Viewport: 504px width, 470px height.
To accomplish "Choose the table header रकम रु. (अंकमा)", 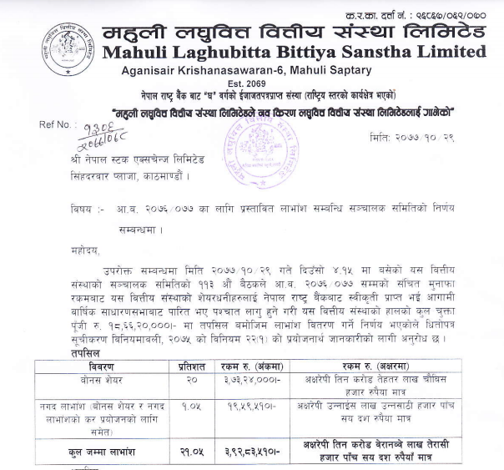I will point(260,366).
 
